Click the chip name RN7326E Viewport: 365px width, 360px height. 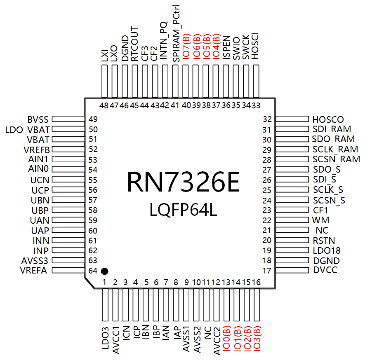(x=183, y=182)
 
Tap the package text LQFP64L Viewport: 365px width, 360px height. (x=183, y=210)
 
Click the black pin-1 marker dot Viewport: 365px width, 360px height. (x=104, y=271)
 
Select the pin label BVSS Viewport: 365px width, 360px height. (x=38, y=119)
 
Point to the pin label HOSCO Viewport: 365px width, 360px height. (x=328, y=119)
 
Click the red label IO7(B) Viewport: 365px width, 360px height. (x=186, y=46)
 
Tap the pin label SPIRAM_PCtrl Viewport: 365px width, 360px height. (x=176, y=33)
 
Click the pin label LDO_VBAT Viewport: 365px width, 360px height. (x=28, y=130)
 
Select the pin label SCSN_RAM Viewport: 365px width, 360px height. (x=336, y=159)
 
